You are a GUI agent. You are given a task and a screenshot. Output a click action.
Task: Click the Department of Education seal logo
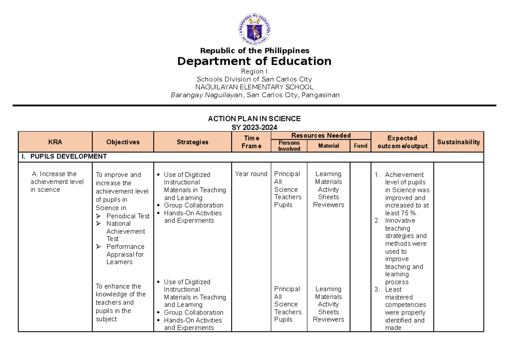pos(255,30)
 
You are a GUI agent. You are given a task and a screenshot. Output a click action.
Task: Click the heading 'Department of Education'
pos(255,61)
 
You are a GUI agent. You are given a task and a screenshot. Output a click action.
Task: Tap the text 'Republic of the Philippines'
pos(255,51)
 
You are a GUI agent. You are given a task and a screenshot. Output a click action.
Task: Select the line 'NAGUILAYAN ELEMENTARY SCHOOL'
pos(255,87)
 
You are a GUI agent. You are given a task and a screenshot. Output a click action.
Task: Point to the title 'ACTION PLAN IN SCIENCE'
pos(254,118)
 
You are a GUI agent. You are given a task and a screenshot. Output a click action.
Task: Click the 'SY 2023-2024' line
pos(254,126)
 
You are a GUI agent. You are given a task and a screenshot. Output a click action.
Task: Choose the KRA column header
pos(55,142)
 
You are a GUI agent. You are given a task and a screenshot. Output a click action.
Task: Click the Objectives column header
pos(123,142)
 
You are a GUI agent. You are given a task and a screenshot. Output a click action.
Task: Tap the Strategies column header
pos(193,142)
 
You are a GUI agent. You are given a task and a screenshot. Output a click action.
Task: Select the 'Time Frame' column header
pos(252,142)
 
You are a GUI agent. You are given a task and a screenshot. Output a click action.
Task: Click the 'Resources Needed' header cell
pos(321,135)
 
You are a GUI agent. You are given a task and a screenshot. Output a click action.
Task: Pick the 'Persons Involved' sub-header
pos(289,146)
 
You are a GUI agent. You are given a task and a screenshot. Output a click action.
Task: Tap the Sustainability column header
pos(459,142)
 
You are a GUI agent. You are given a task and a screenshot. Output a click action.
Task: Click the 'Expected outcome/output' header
pos(402,142)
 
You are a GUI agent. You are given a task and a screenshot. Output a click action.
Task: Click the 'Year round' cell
pos(251,174)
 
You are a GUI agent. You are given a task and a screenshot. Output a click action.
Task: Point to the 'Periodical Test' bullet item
pos(128,216)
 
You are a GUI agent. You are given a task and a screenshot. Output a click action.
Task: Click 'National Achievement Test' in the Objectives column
pos(125,231)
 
